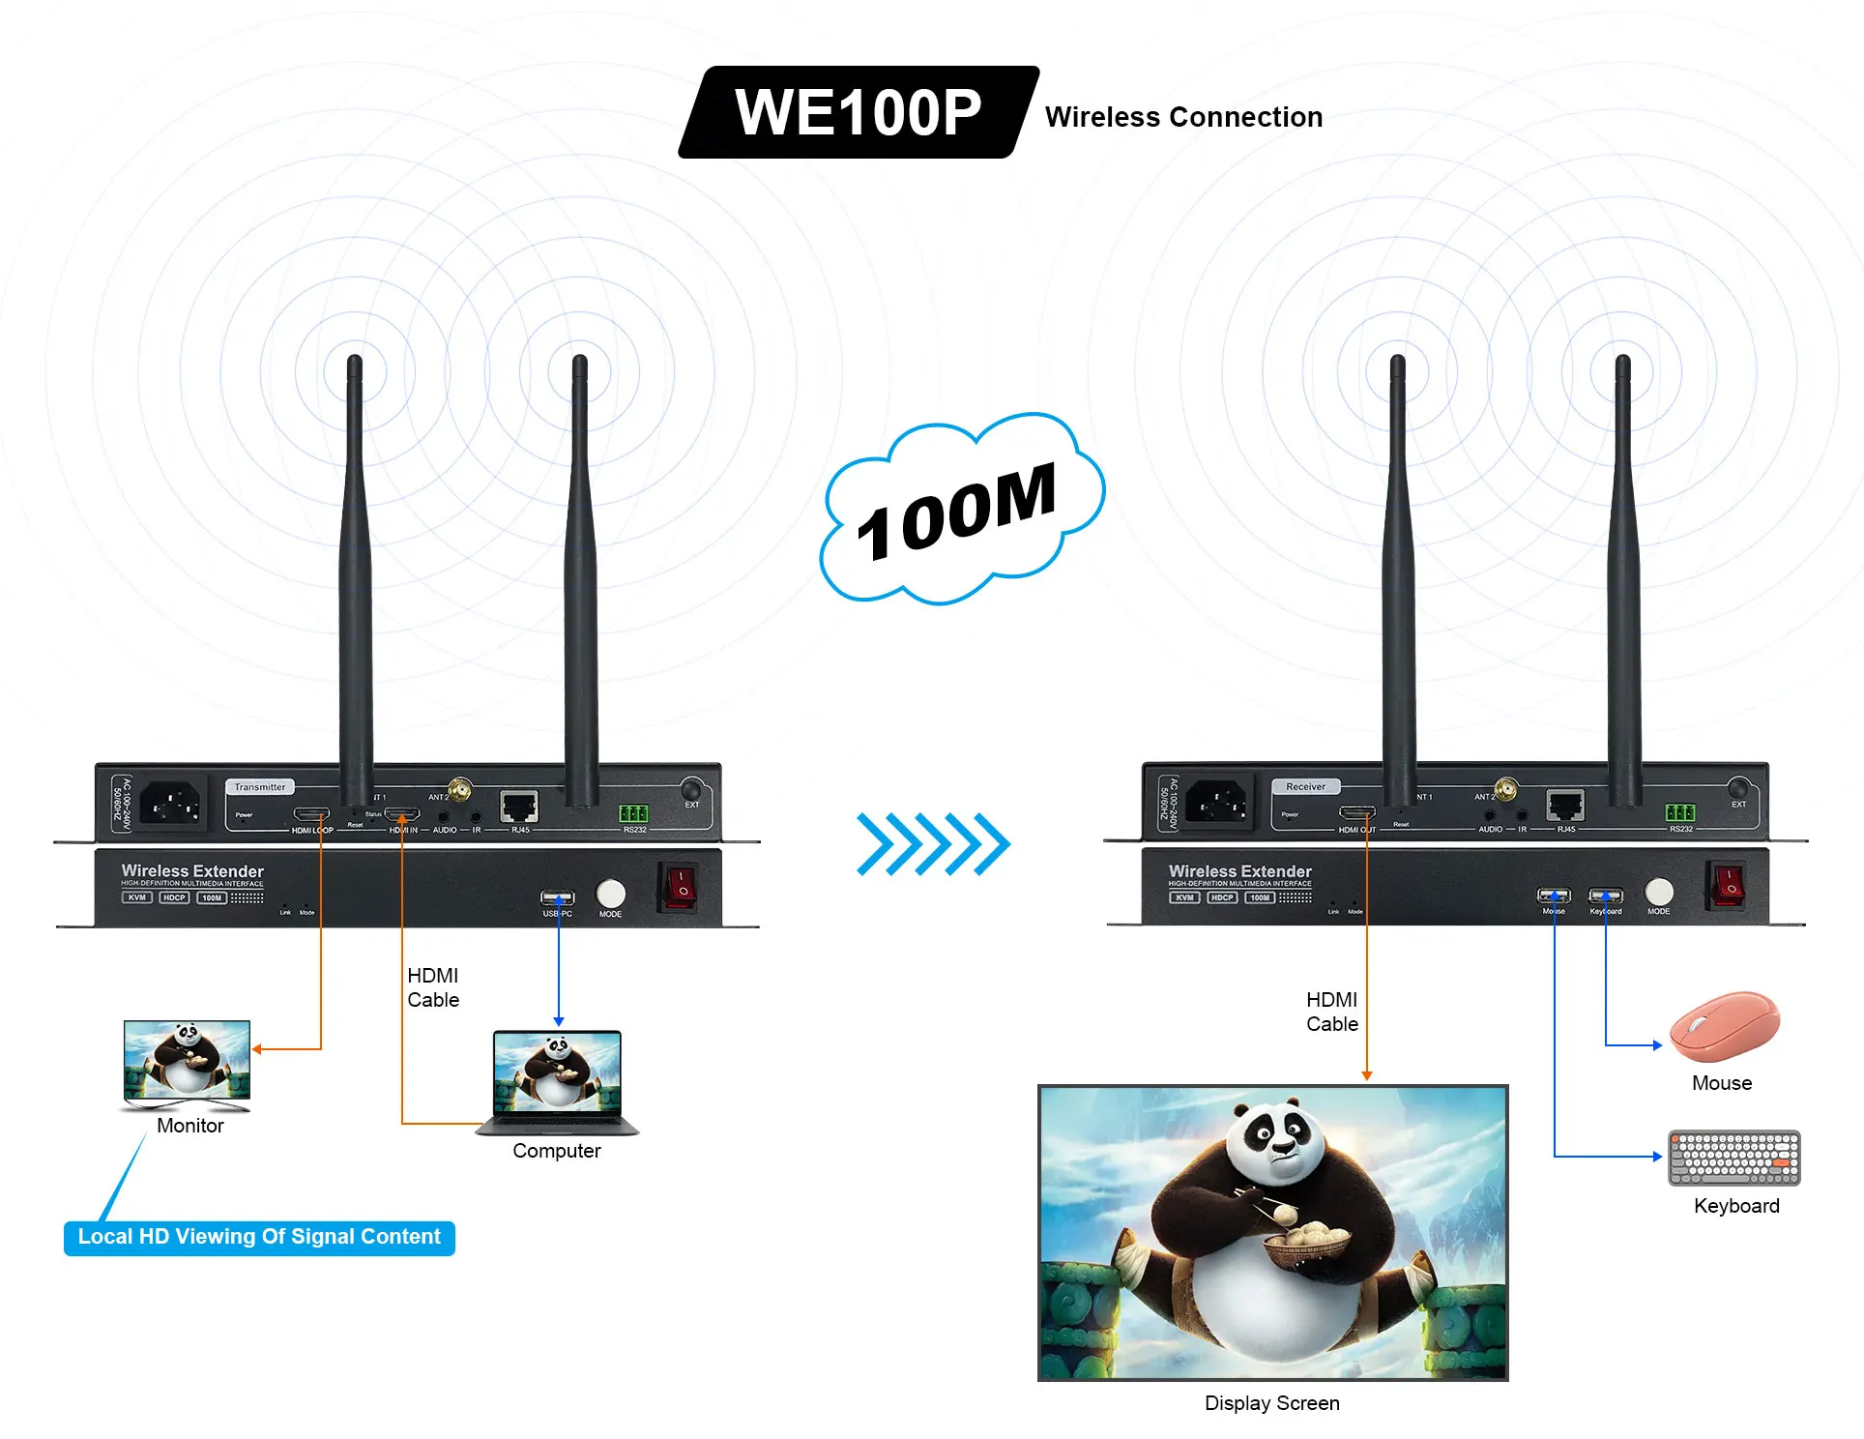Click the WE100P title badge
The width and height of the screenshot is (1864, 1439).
click(858, 112)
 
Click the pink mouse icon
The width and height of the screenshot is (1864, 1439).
click(1724, 1025)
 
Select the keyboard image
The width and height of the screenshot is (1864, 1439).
click(1733, 1158)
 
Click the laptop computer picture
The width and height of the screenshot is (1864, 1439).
click(558, 1081)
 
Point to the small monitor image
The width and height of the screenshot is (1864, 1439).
click(187, 1063)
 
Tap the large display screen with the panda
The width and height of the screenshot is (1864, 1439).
click(1272, 1233)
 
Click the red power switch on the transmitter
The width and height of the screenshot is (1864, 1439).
click(679, 887)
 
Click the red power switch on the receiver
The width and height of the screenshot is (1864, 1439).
click(1726, 885)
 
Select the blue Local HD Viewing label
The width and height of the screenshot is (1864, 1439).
click(259, 1238)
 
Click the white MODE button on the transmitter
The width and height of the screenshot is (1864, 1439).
click(610, 893)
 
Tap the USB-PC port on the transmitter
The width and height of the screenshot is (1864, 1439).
click(557, 897)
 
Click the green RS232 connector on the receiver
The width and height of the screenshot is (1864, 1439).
click(1680, 812)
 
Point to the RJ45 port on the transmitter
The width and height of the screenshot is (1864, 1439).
click(519, 806)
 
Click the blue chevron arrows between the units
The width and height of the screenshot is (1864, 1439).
click(933, 844)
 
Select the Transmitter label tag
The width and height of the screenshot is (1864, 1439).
click(259, 787)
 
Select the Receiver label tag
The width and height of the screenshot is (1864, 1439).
click(1305, 787)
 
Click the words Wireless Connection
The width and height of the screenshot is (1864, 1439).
click(1183, 117)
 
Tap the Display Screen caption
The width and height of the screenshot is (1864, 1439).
click(1271, 1403)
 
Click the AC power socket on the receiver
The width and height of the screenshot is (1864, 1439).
click(1216, 803)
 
